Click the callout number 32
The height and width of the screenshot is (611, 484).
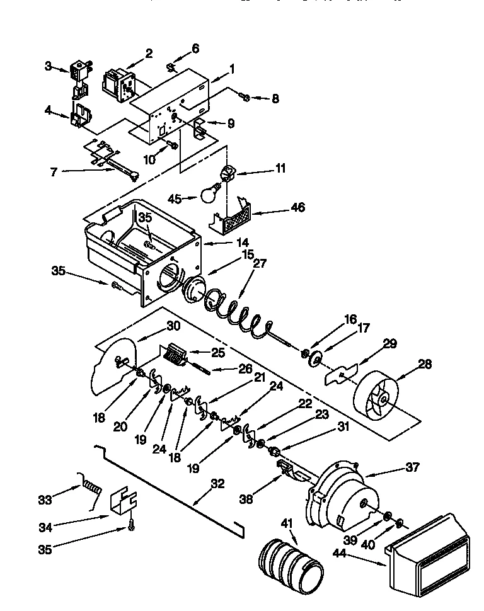tap(217, 484)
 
